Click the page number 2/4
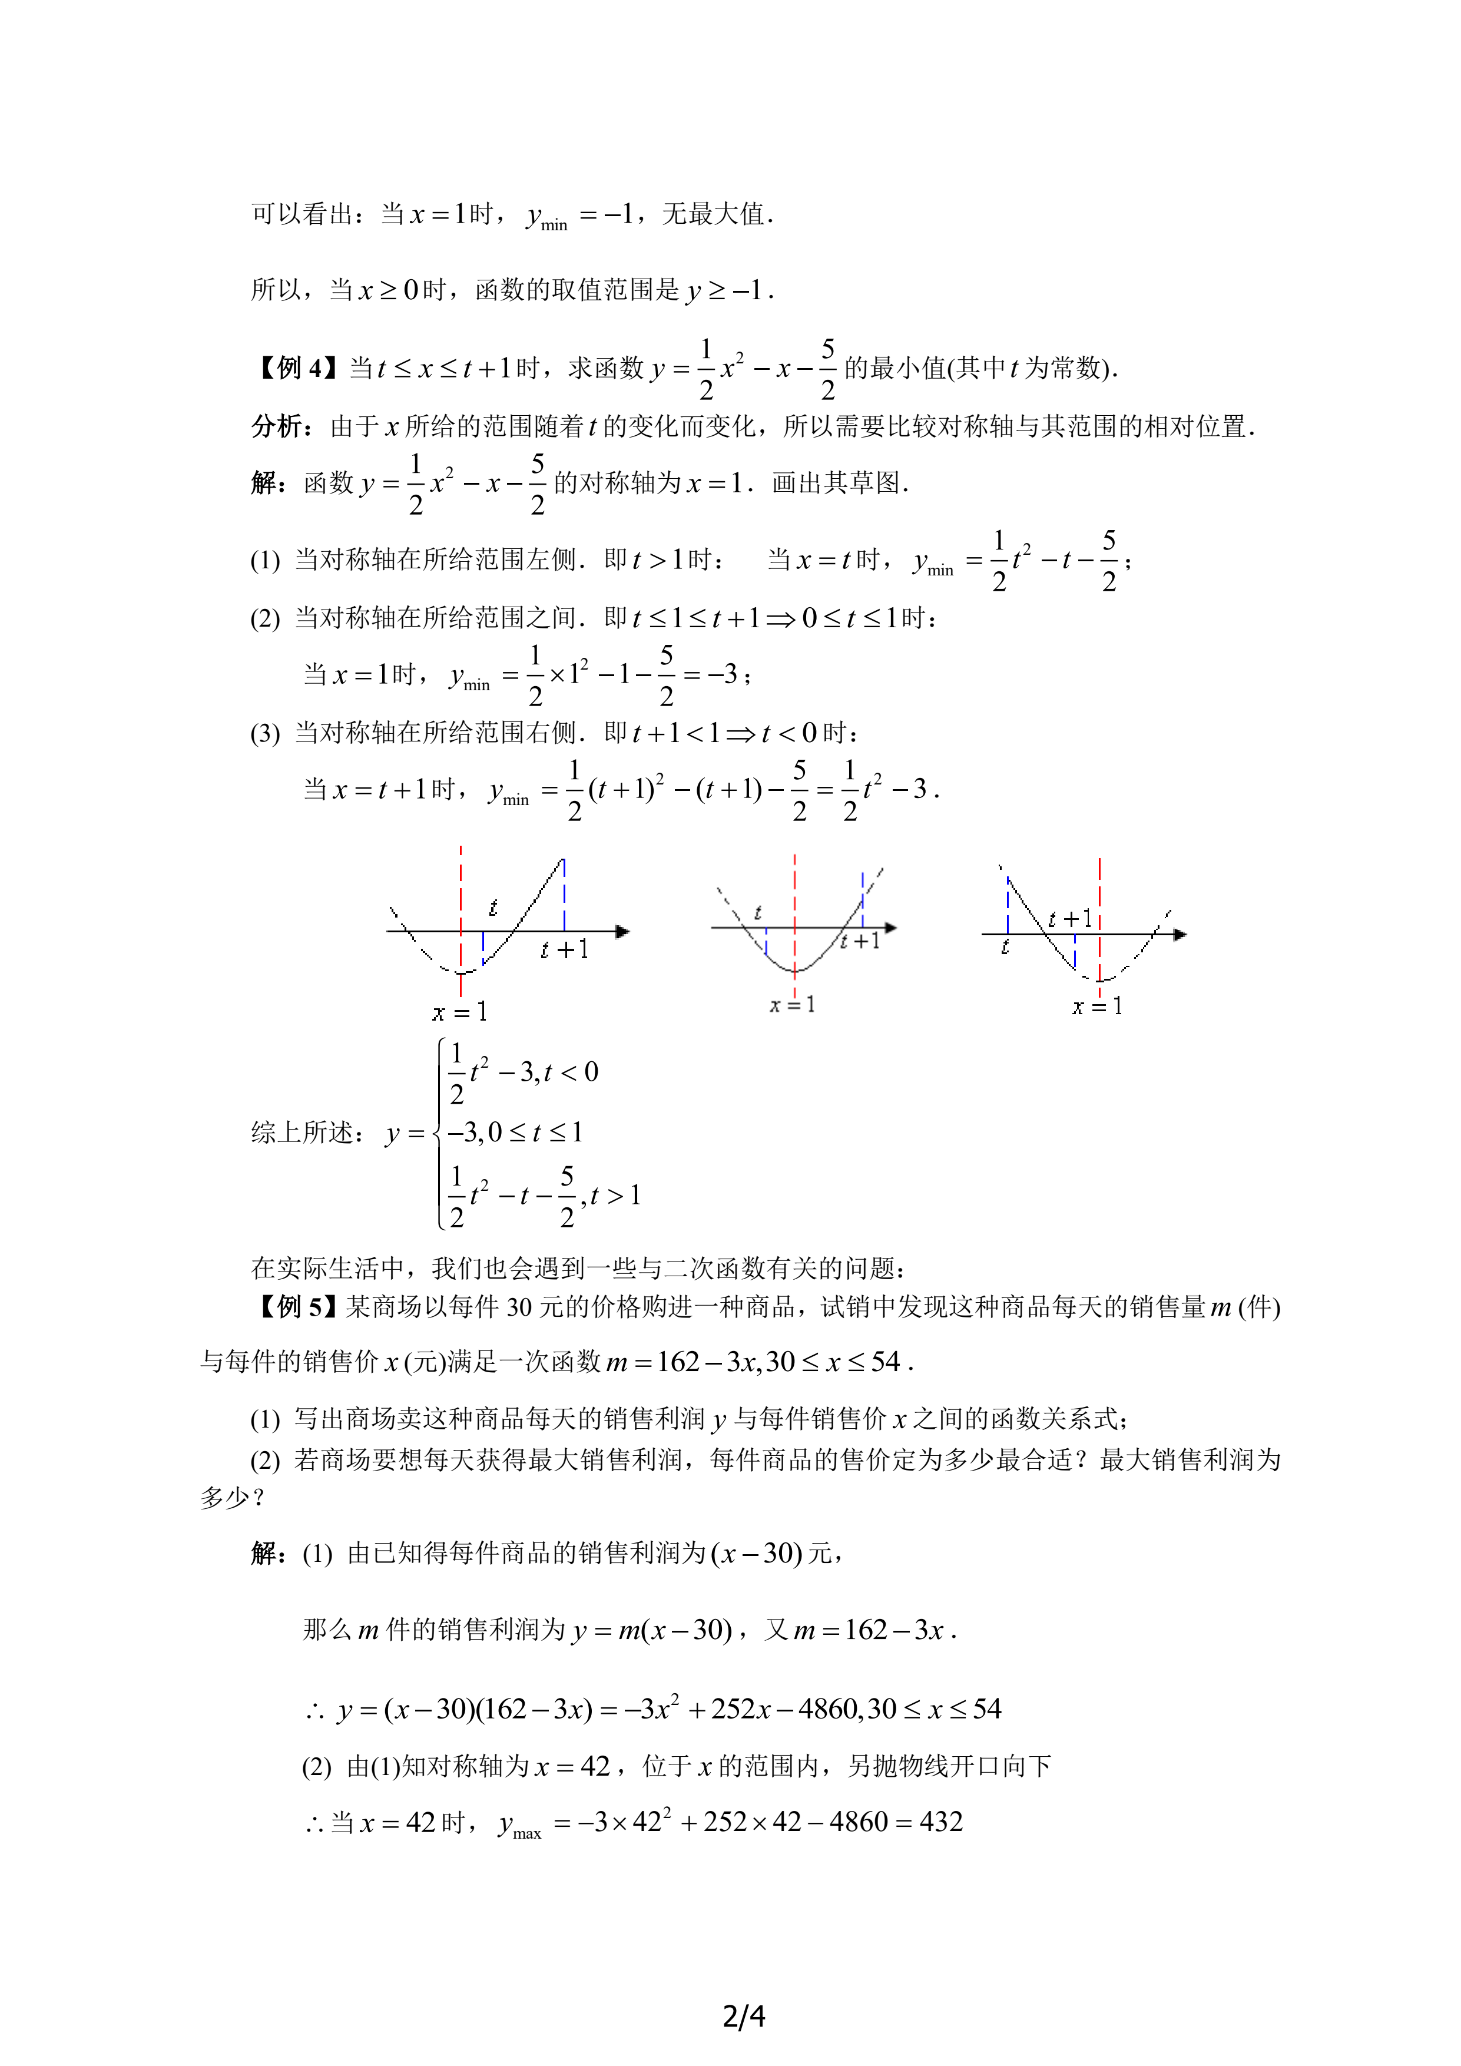click(x=743, y=2015)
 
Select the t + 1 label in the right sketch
click(x=1069, y=919)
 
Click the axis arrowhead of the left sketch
click(x=622, y=931)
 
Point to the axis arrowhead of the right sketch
click(x=1180, y=934)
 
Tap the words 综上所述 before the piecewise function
click(x=302, y=1132)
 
